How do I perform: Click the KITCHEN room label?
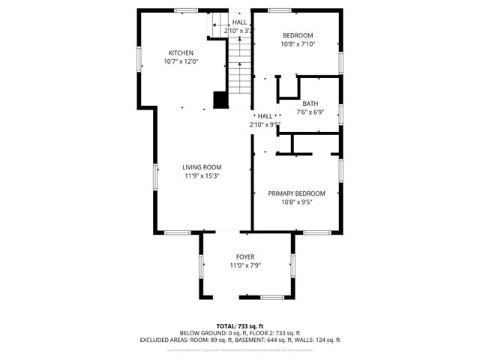(181, 52)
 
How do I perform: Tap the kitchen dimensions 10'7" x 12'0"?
(181, 61)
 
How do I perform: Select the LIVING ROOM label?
(200, 167)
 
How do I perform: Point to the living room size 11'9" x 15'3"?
(200, 176)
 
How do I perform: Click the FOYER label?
(245, 256)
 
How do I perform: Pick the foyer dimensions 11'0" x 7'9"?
(245, 265)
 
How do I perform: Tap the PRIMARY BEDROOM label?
(297, 193)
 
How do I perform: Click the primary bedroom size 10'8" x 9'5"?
(297, 202)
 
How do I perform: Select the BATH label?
(310, 103)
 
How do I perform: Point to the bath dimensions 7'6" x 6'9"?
(310, 112)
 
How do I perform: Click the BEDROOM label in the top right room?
(297, 35)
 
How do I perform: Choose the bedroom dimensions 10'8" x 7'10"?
(297, 44)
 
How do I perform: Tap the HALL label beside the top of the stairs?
(239, 22)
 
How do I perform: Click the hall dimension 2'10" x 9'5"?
(265, 125)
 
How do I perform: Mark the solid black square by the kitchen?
(220, 100)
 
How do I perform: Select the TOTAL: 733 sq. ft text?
(240, 325)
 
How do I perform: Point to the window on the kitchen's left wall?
(139, 61)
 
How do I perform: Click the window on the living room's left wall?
(156, 178)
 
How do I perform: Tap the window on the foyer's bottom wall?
(271, 298)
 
